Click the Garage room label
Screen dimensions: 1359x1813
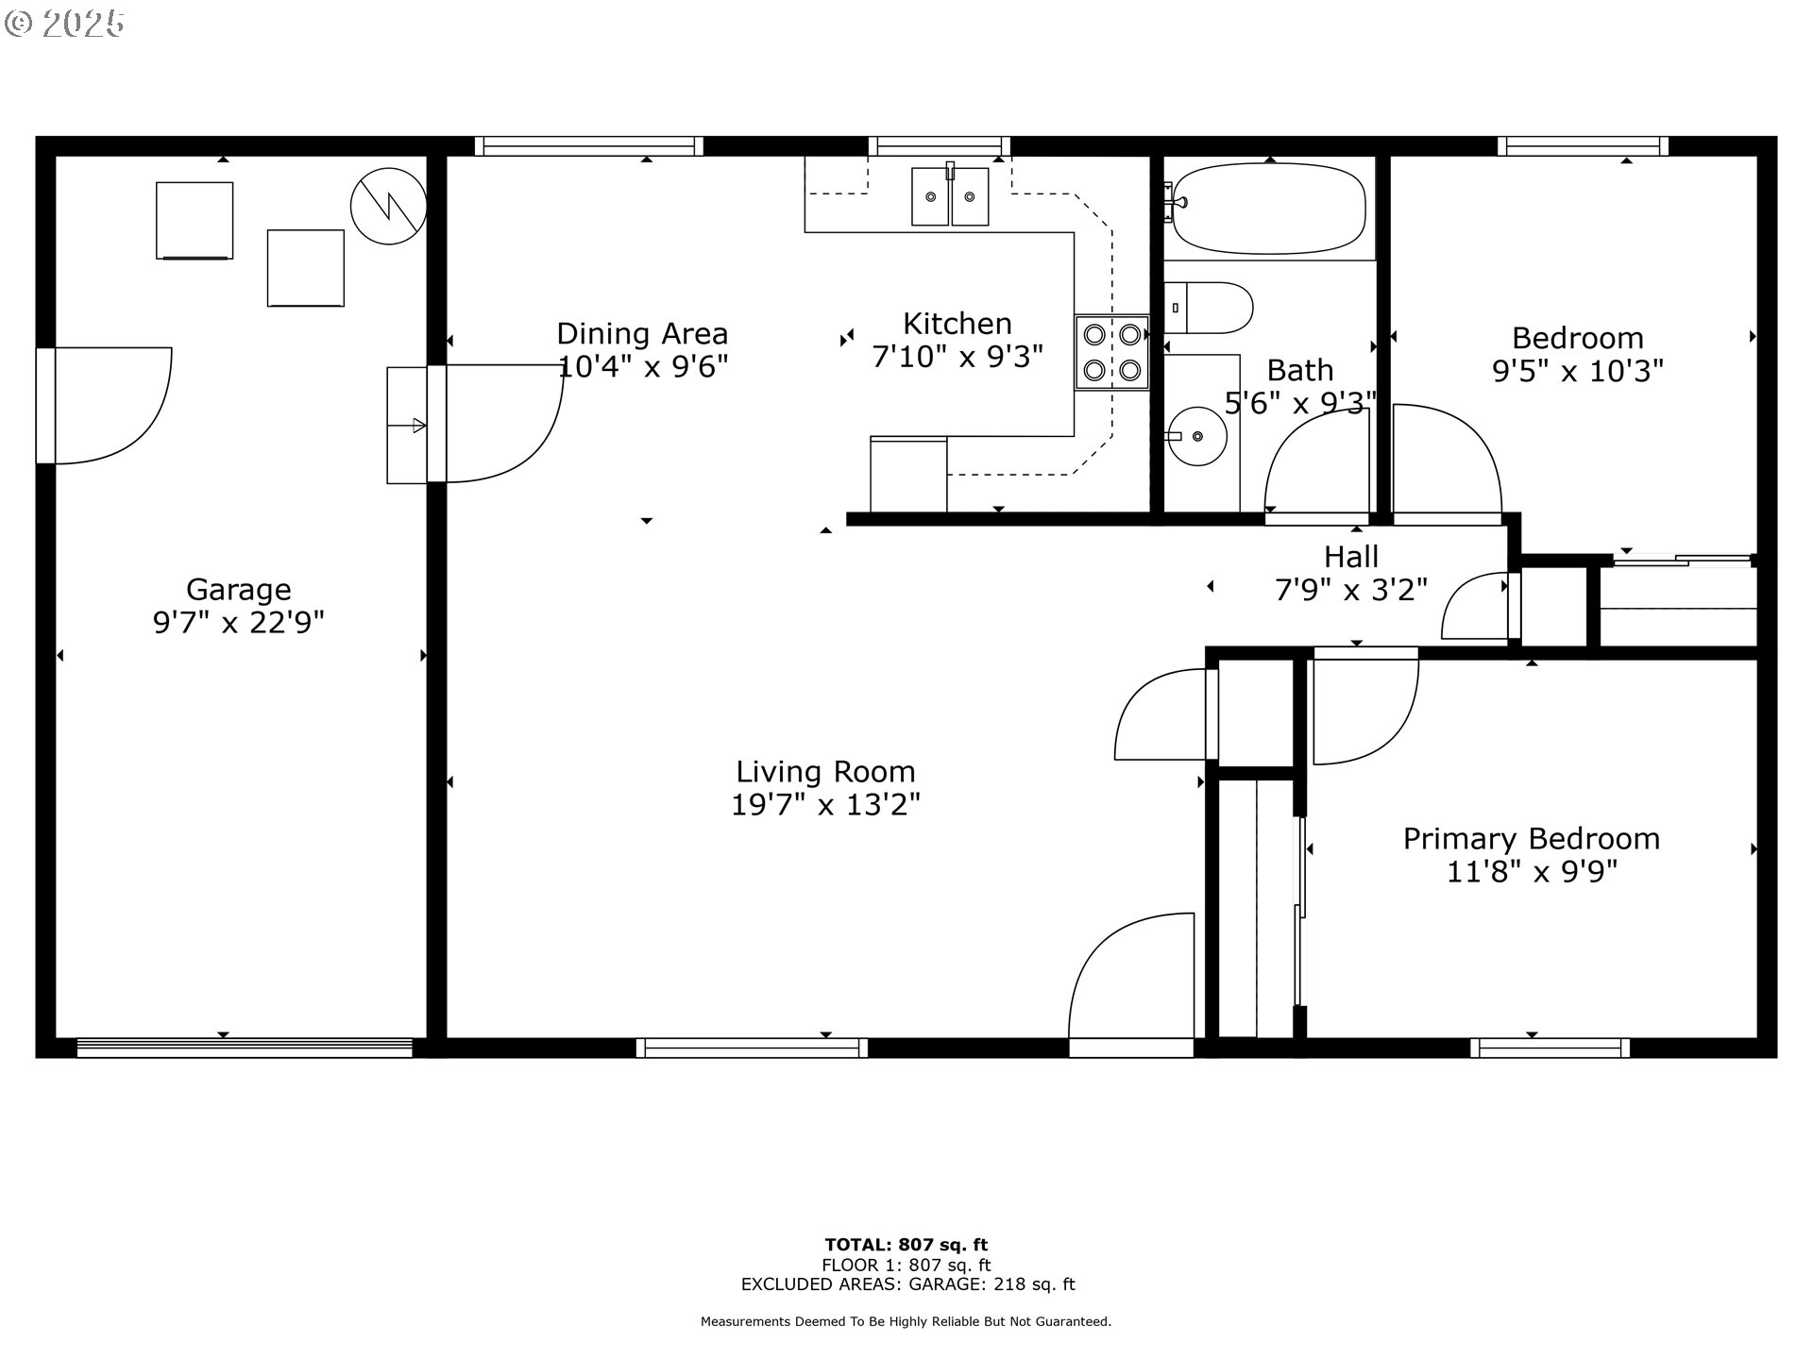(x=238, y=589)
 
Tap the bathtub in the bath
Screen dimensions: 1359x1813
(x=1269, y=209)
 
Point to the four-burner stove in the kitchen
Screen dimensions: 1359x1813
(x=1111, y=352)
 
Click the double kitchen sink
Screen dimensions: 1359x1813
(x=950, y=196)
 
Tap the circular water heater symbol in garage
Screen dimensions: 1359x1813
(x=388, y=206)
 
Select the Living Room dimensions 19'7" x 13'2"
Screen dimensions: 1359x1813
(x=825, y=805)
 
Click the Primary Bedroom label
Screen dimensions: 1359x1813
(x=1531, y=838)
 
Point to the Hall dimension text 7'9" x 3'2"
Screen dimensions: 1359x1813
(x=1350, y=591)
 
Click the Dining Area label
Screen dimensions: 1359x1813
(x=642, y=333)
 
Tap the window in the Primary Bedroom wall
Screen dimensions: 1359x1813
(x=1550, y=1047)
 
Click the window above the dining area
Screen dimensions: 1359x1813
(x=588, y=145)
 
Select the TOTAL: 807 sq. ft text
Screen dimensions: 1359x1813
(x=906, y=1245)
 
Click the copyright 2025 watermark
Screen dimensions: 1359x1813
(x=64, y=24)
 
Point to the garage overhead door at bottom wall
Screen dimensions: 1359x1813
(x=245, y=1047)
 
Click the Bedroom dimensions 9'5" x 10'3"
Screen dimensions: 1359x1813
(x=1577, y=371)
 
